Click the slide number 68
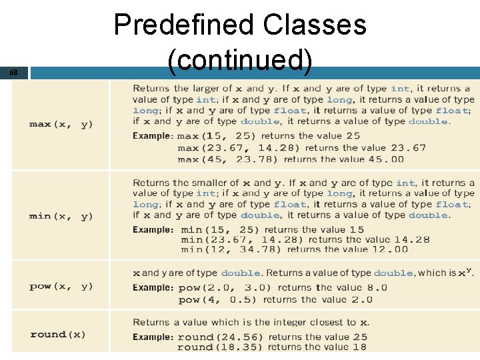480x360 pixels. point(14,72)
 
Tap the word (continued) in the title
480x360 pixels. point(240,61)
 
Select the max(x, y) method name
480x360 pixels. point(61,125)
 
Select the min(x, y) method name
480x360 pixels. point(61,217)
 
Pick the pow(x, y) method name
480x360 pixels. point(61,287)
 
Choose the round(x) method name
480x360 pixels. point(58,335)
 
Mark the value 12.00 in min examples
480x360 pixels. point(391,250)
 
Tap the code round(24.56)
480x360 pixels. point(220,337)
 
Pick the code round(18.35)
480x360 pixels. point(220,347)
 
